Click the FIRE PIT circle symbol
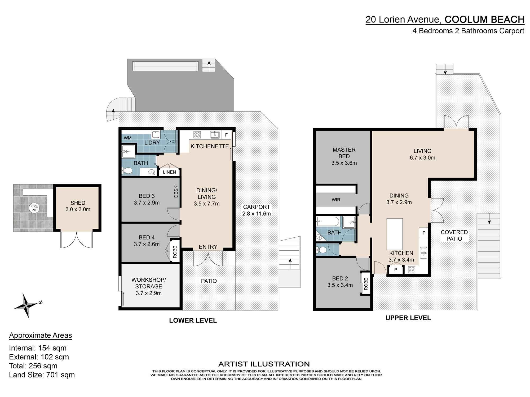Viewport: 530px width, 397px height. (x=34, y=208)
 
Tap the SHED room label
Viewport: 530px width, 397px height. (x=78, y=203)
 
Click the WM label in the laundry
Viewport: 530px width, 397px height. (x=128, y=138)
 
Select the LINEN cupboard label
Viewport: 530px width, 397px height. (x=169, y=172)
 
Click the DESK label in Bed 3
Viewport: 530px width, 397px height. (x=176, y=192)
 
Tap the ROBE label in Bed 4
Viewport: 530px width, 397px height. (x=175, y=252)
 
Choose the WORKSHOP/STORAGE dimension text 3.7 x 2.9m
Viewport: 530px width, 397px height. (x=149, y=293)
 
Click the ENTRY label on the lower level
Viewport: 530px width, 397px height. (x=208, y=247)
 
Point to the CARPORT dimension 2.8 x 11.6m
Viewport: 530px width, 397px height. (x=257, y=214)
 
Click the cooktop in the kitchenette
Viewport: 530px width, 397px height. (x=197, y=135)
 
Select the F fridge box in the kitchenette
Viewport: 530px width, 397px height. (x=226, y=135)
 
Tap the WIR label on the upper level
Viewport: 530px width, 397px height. (x=336, y=200)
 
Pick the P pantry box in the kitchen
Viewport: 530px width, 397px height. (x=396, y=270)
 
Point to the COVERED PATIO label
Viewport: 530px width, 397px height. (x=454, y=235)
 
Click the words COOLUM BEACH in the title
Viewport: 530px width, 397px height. (x=484, y=20)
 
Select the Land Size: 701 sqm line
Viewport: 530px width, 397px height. (x=42, y=375)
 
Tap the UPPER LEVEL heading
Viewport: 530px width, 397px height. (x=408, y=318)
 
